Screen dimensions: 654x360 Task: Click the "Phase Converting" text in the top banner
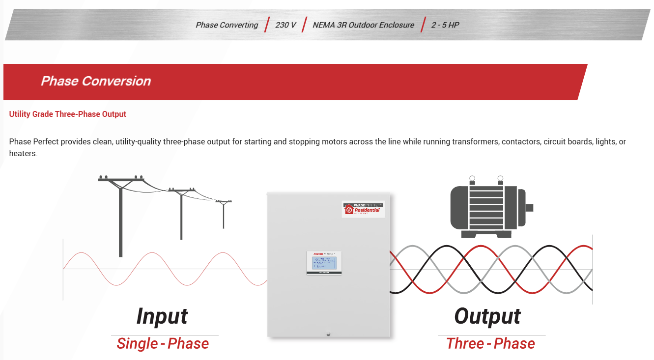[x=227, y=25]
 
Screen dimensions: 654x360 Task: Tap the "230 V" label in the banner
[x=285, y=25]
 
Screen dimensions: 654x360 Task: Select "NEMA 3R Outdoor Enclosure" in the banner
[x=363, y=25]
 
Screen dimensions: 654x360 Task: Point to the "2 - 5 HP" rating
[x=445, y=25]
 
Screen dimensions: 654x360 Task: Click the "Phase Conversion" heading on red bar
[x=96, y=81]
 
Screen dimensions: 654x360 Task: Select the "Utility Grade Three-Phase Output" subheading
[x=68, y=114]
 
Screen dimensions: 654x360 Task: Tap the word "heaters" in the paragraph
[x=23, y=154]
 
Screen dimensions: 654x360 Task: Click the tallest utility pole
[x=120, y=216]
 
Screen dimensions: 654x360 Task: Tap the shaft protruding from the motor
[x=529, y=208]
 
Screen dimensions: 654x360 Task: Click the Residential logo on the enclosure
[x=364, y=209]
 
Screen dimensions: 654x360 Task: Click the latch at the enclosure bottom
[x=328, y=334]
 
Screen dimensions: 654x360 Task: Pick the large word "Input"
[x=162, y=316]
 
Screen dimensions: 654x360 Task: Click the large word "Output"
[x=487, y=316]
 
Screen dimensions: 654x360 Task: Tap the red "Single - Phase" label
[x=163, y=344]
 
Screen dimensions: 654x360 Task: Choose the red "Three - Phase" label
[x=490, y=344]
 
